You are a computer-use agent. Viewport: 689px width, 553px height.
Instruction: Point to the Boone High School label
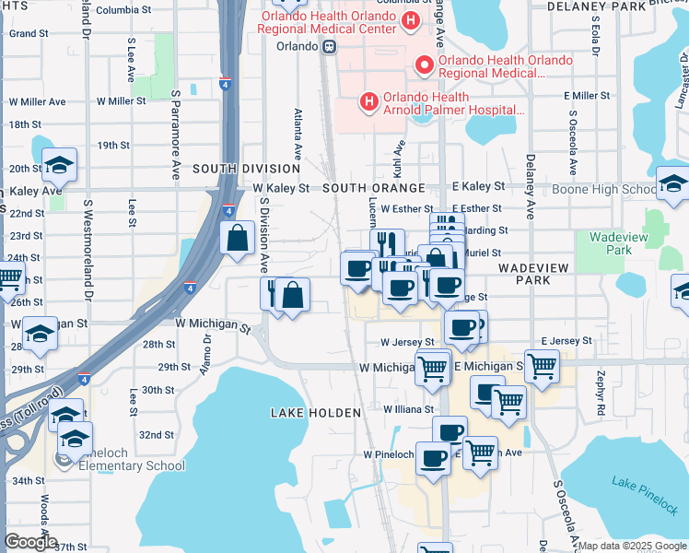(x=604, y=190)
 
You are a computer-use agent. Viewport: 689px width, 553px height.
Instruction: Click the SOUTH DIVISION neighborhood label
(x=246, y=169)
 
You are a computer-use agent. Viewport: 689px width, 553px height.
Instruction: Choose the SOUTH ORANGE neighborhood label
(x=372, y=187)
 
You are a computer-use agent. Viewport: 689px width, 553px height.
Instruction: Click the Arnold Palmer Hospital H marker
(x=368, y=101)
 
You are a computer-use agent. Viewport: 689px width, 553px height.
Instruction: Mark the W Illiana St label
(x=408, y=409)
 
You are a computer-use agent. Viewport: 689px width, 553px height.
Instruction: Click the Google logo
(x=31, y=542)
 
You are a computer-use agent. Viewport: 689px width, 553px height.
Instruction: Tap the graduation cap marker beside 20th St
(x=60, y=164)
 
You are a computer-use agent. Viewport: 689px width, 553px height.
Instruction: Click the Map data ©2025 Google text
(x=631, y=546)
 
